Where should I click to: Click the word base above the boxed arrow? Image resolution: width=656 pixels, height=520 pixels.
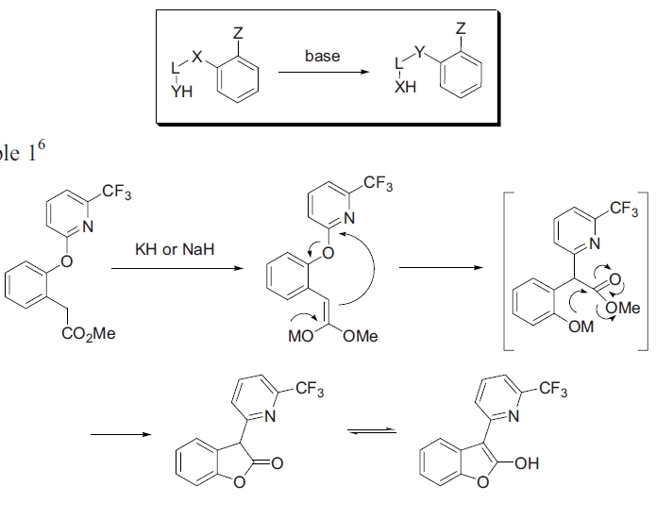(322, 57)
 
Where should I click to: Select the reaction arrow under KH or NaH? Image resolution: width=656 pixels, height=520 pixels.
(166, 268)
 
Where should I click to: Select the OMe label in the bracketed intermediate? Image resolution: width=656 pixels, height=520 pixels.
(624, 308)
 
